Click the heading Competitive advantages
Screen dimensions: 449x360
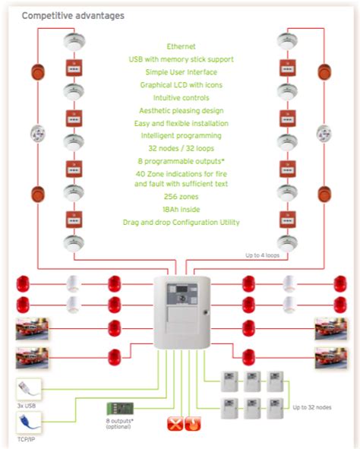click(73, 15)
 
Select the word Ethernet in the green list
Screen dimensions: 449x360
click(180, 46)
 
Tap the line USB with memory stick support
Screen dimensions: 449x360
click(180, 59)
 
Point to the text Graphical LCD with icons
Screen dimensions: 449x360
click(180, 85)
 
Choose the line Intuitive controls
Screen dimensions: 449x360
click(180, 98)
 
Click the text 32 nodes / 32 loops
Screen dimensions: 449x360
click(180, 149)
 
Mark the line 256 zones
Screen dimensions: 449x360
click(180, 196)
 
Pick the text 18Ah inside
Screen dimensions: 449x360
click(180, 209)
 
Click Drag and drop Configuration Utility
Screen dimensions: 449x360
click(180, 222)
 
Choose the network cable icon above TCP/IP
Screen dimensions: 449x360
click(28, 420)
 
